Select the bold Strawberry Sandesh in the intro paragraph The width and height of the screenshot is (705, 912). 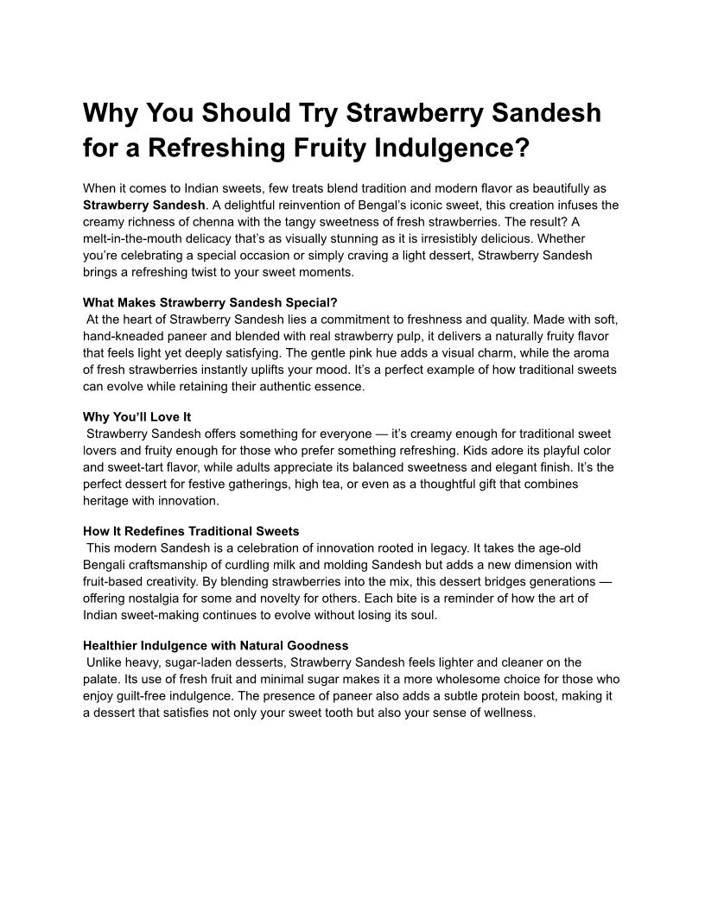tap(144, 206)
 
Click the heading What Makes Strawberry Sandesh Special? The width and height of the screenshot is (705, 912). tap(210, 303)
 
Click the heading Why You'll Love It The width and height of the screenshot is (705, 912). tap(137, 417)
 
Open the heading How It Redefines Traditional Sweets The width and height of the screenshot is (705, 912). tap(191, 531)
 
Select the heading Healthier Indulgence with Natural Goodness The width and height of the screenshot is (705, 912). tap(215, 645)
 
